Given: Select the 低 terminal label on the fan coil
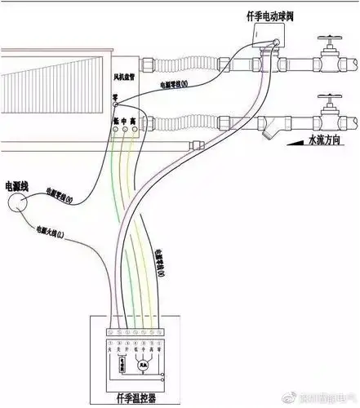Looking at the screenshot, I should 115,121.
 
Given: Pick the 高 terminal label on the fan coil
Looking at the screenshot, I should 134,121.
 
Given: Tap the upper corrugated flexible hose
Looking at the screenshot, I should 179,66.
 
